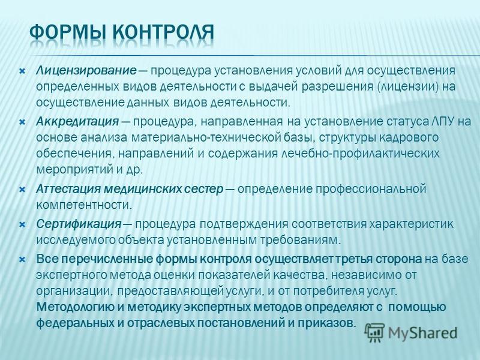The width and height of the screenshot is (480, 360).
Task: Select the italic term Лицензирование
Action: coord(86,71)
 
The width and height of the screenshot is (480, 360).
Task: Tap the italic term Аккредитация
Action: coord(77,122)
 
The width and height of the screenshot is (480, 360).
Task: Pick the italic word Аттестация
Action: coord(67,189)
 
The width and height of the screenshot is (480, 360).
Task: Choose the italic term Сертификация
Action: coord(79,224)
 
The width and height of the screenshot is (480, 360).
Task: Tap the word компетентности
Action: coord(84,205)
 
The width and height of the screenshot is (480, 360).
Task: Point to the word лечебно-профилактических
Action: coord(360,154)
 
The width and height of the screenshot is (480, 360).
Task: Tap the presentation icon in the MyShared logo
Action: coord(374,332)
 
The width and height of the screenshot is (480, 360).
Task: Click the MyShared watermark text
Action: coord(422,333)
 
